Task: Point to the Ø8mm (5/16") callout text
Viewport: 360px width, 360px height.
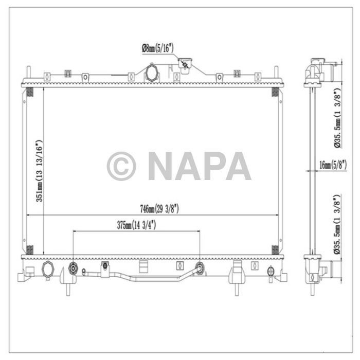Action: (x=157, y=48)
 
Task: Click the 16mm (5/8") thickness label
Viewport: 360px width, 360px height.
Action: (x=333, y=165)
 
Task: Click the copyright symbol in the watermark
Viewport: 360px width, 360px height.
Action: (x=121, y=166)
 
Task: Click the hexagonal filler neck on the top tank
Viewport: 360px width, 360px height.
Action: (x=152, y=73)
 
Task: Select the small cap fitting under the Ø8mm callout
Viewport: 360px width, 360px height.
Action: (x=184, y=64)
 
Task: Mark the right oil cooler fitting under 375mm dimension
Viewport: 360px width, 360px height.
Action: (x=200, y=267)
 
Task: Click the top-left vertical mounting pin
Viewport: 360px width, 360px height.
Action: (x=27, y=74)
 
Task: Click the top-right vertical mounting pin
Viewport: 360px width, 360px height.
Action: (x=276, y=74)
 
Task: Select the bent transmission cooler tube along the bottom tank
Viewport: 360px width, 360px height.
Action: (x=139, y=278)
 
